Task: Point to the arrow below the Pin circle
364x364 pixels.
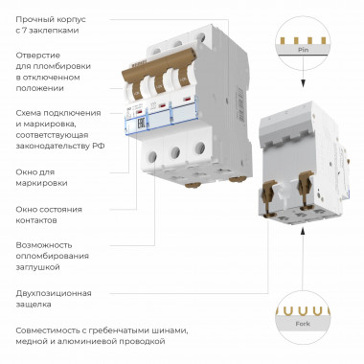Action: click(x=303, y=79)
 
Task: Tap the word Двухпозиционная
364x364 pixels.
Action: click(x=54, y=292)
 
